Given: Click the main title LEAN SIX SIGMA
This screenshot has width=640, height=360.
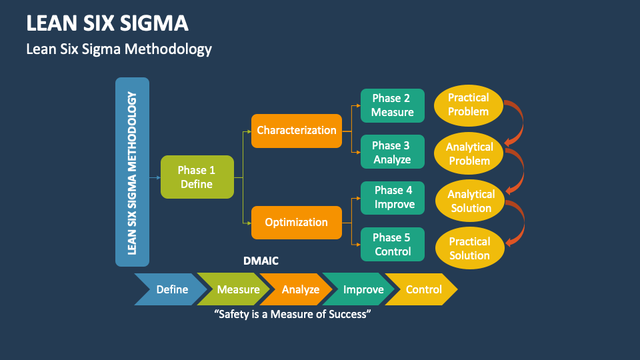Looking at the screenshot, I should pyautogui.click(x=107, y=23).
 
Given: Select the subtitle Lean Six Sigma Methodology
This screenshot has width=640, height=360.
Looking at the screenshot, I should pyautogui.click(x=119, y=49).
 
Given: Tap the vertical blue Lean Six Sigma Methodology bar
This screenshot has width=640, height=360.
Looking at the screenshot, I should pyautogui.click(x=132, y=172).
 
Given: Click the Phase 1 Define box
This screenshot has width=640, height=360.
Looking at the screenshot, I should pyautogui.click(x=197, y=177).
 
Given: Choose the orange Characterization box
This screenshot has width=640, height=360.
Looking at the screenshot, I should pyautogui.click(x=297, y=130).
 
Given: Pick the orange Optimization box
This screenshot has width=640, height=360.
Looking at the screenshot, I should pyautogui.click(x=297, y=222).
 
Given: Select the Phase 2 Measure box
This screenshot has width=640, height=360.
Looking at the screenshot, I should pyautogui.click(x=392, y=105).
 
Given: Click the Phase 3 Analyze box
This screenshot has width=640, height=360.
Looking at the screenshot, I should pyautogui.click(x=392, y=152).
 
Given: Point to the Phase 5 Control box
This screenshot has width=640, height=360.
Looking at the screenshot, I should pyautogui.click(x=392, y=245).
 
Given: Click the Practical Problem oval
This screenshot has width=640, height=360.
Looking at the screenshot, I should pyautogui.click(x=468, y=105).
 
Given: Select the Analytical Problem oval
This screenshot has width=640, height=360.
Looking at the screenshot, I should pyautogui.click(x=469, y=153).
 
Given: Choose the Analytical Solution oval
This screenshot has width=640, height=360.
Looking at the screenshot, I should pyautogui.click(x=471, y=201).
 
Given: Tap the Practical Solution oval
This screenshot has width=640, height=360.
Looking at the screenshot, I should pyautogui.click(x=469, y=248).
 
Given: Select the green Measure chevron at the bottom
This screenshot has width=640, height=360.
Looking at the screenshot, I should pyautogui.click(x=237, y=289).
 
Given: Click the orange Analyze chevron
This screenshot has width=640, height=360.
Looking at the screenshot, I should pyautogui.click(x=299, y=289).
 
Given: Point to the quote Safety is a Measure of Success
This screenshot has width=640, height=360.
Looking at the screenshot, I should pyautogui.click(x=292, y=314).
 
